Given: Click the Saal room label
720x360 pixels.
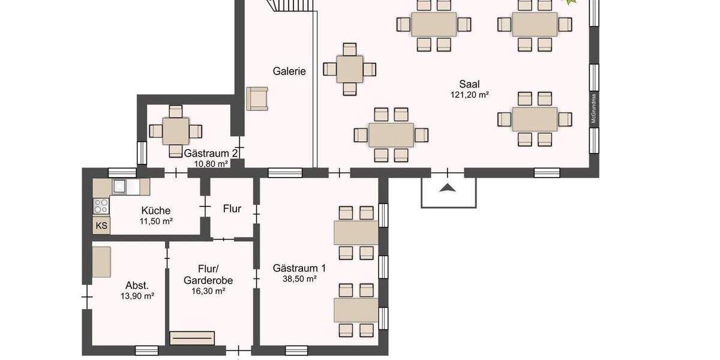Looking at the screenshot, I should [x=469, y=84].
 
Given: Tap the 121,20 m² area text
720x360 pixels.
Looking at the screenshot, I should [x=469, y=95].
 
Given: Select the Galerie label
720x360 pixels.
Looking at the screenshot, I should [x=289, y=71].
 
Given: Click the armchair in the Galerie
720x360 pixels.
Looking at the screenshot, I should [x=257, y=98].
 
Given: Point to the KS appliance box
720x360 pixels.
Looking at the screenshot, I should [x=101, y=226].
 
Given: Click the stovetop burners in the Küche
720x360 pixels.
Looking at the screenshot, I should [x=101, y=206].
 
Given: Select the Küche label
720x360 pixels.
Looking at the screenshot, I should [x=156, y=211].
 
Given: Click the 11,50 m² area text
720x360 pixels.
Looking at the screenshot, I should [x=156, y=221].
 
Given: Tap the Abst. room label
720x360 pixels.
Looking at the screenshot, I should [x=137, y=286].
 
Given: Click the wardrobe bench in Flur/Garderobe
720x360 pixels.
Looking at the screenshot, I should [x=192, y=338].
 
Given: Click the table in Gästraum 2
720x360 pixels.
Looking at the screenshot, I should [x=175, y=131].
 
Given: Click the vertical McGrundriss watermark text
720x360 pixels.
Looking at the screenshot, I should [x=593, y=108].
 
